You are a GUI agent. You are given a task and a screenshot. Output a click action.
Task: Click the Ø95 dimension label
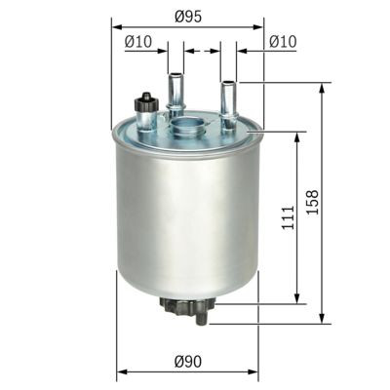tap(187, 16)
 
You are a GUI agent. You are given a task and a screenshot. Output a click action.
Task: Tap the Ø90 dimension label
tap(187, 362)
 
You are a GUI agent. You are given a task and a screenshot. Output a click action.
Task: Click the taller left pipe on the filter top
tap(175, 94)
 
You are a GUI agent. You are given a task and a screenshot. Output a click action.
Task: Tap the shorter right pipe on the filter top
tap(227, 100)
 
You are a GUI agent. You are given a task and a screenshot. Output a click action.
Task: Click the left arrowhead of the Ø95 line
tap(115, 27)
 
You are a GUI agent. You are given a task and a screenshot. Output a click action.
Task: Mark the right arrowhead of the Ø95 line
tap(260, 27)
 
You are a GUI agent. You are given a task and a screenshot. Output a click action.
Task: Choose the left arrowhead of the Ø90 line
tap(120, 372)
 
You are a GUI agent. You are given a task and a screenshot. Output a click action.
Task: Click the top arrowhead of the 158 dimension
tap(322, 87)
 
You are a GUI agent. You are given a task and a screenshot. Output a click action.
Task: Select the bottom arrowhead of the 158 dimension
tap(322, 318)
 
